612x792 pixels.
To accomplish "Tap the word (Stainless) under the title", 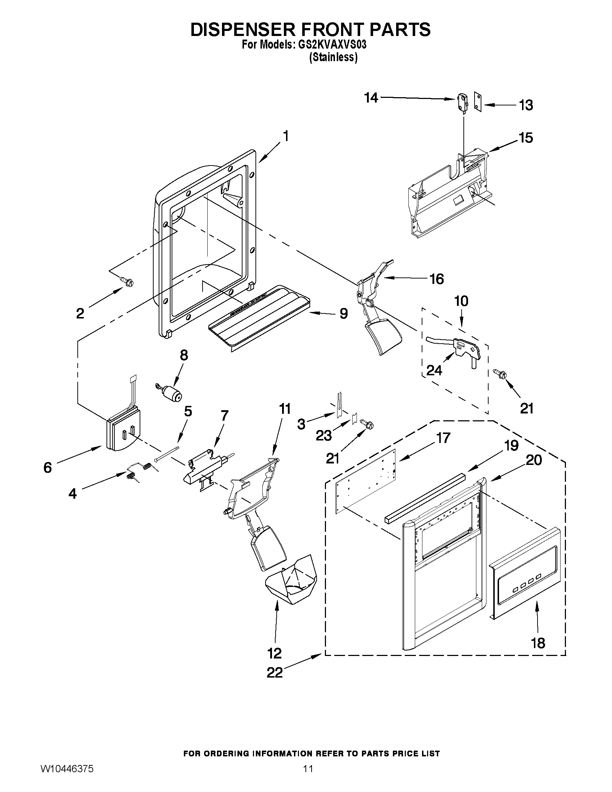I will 333,57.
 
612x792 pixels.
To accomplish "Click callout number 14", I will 371,98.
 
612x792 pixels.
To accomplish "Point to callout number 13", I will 526,105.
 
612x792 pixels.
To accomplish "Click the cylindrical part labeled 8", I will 172,393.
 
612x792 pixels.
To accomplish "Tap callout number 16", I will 436,279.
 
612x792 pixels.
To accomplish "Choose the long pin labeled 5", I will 167,454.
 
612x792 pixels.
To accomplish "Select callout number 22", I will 275,673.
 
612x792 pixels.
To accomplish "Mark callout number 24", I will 434,370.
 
